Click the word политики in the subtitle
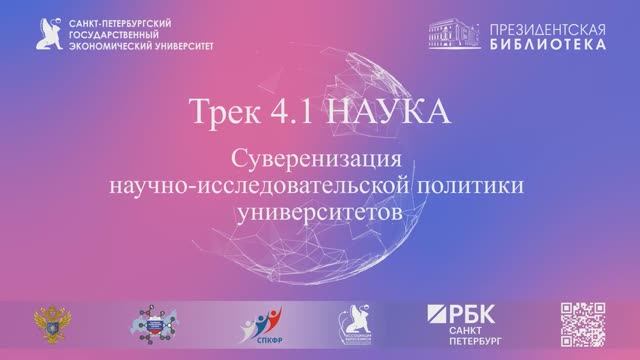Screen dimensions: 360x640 pos(468,185)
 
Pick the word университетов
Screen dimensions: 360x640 pos(320,211)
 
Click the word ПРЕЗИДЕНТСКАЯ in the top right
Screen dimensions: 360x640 pos(546,25)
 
